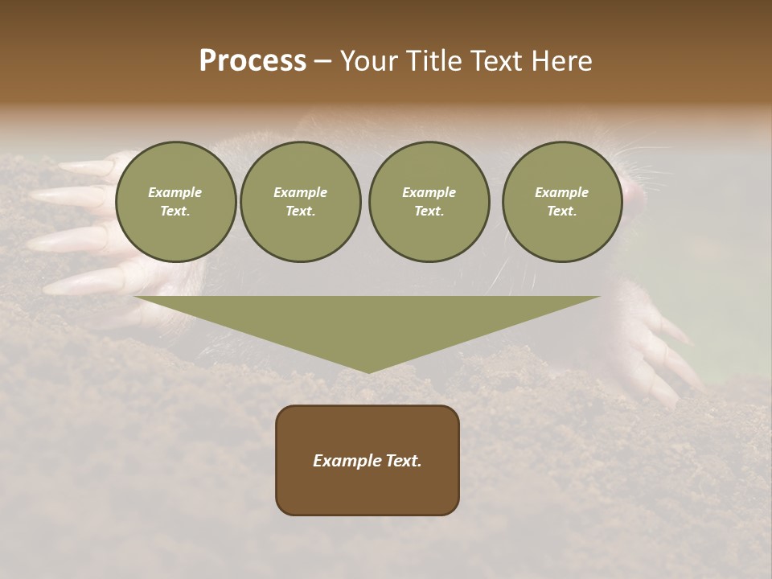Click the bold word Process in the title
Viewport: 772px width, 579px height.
[253, 61]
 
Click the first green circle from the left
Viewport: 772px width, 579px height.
[176, 202]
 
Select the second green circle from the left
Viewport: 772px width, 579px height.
[301, 202]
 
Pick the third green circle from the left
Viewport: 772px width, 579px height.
[429, 202]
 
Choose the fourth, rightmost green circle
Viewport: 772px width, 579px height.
[562, 202]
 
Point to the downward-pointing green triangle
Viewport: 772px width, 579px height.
[368, 322]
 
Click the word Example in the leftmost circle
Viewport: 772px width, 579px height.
[175, 192]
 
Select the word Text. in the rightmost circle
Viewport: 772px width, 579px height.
[562, 211]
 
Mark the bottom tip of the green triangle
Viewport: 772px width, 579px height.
[368, 372]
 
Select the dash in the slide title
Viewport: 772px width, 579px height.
[322, 61]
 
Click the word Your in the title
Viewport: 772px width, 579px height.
[370, 61]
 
